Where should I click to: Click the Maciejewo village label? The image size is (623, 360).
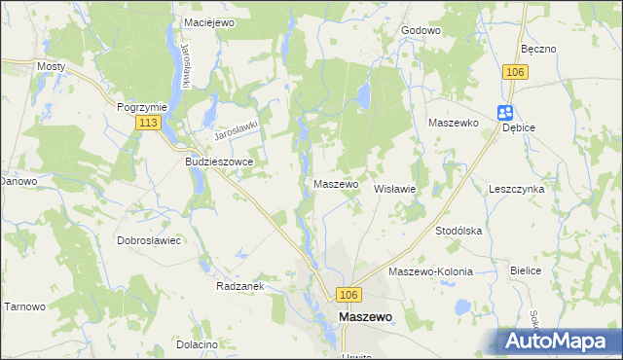207,20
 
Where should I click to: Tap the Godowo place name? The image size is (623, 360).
421,30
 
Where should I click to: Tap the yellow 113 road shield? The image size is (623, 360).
149,123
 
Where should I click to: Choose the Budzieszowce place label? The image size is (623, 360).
219,162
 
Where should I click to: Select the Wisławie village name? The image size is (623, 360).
396,189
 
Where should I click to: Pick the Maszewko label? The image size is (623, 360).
453,123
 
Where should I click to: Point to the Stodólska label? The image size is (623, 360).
459,231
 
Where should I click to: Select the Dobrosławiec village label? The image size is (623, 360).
150,239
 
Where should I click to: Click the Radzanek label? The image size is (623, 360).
241,287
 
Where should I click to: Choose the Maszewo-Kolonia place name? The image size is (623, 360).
430,271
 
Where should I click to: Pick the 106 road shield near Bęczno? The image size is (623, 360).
516,72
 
